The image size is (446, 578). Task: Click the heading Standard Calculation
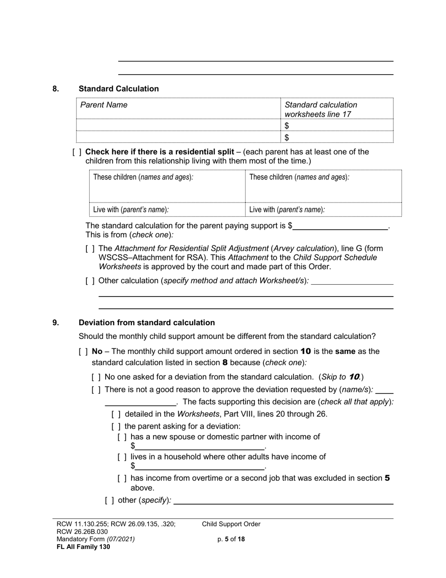(118, 89)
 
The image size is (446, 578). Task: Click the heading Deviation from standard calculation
(146, 323)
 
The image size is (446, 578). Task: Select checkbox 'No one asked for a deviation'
(96, 377)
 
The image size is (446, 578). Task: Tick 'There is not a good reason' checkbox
(96, 390)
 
